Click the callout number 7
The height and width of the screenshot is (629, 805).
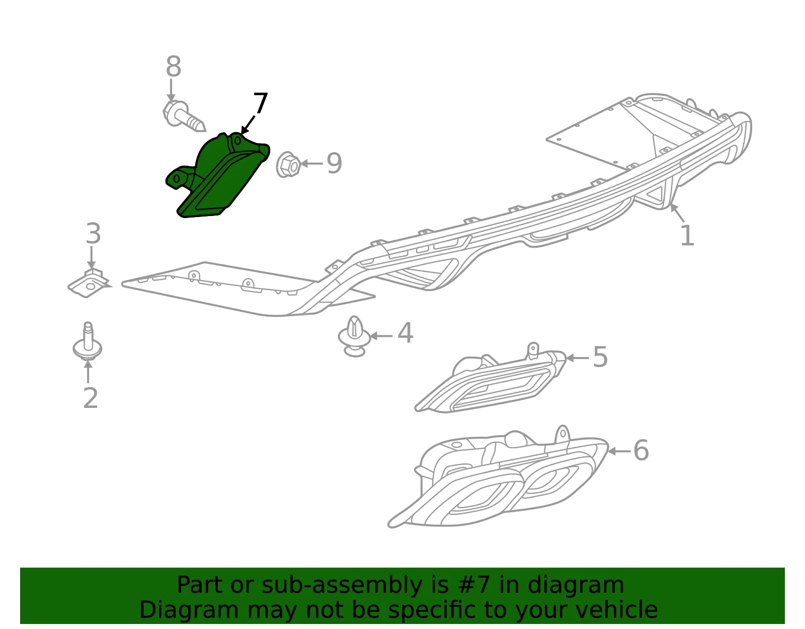(261, 103)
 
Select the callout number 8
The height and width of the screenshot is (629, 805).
(174, 66)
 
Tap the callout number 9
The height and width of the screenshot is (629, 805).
(334, 164)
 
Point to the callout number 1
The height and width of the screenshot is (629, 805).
(688, 235)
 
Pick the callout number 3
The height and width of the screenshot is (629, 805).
(94, 233)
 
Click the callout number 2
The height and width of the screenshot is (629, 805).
(91, 398)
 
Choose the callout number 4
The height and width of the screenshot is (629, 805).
(406, 332)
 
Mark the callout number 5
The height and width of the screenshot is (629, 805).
(601, 357)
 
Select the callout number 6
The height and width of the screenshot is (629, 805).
(641, 450)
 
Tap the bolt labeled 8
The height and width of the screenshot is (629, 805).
(183, 116)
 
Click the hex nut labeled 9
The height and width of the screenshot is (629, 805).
(288, 164)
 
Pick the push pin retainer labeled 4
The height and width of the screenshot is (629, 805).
(354, 336)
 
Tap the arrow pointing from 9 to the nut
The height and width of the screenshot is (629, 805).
(311, 164)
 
